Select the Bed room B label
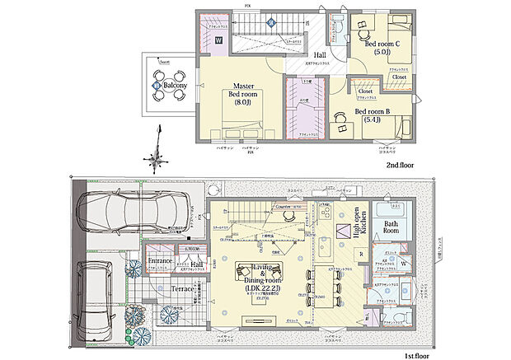[372, 115]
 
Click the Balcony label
[174, 86]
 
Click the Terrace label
[181, 289]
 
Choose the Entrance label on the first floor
[160, 261]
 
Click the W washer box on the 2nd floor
[219, 39]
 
